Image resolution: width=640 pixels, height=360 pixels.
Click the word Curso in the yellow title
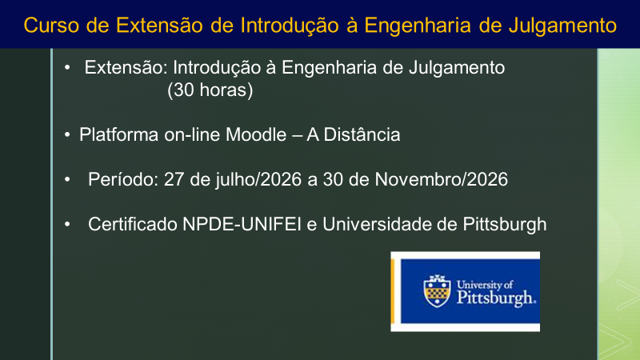tap(51, 25)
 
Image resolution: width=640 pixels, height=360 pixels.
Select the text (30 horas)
tap(210, 90)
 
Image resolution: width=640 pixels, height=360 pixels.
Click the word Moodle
tap(256, 134)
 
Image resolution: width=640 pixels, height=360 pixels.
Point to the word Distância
tap(362, 134)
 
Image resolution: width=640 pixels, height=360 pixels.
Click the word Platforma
tap(118, 134)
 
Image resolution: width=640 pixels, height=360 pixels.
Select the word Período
tap(123, 179)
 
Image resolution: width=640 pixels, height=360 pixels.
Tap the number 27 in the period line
tap(174, 179)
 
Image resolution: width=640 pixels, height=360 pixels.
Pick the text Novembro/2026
tap(442, 179)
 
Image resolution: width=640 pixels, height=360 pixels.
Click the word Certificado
tap(133, 225)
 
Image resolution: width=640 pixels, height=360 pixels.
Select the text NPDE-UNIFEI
tap(242, 225)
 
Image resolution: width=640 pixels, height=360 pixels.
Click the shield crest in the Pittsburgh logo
tap(437, 291)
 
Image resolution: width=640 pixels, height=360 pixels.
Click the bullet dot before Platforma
tap(67, 135)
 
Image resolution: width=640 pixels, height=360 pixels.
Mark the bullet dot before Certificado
tap(67, 225)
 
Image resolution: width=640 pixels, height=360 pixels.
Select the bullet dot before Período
tap(67, 179)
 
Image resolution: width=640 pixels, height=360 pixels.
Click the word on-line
tap(192, 134)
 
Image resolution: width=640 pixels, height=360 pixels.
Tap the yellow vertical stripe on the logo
tap(393, 291)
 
